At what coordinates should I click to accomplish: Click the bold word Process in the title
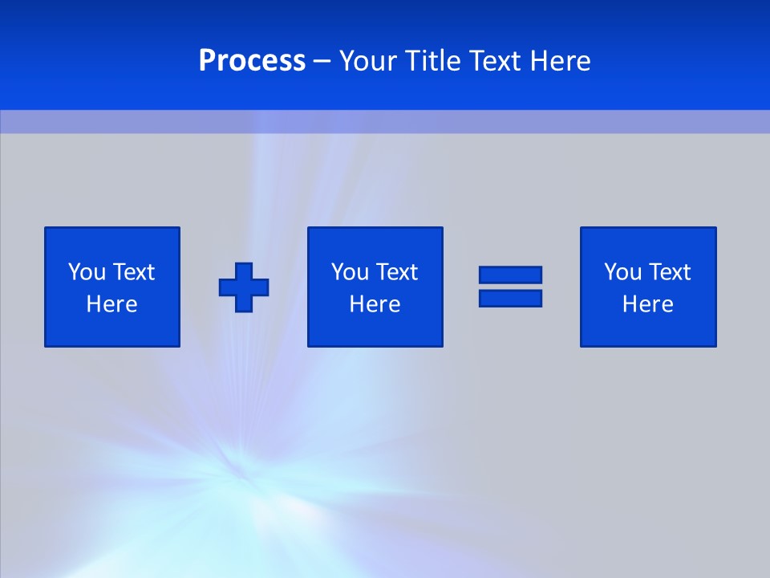[252, 61]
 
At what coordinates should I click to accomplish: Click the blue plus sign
[244, 287]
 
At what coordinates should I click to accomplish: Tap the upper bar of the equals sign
[510, 275]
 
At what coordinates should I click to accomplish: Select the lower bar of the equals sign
[510, 298]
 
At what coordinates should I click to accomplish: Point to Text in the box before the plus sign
[133, 272]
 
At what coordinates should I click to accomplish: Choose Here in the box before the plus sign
[111, 304]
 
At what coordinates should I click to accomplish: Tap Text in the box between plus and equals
[396, 272]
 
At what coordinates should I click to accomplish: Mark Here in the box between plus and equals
[375, 304]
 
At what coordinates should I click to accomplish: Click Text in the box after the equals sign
[669, 272]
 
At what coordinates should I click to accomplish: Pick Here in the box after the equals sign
[647, 304]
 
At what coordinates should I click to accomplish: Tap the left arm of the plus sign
[226, 287]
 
